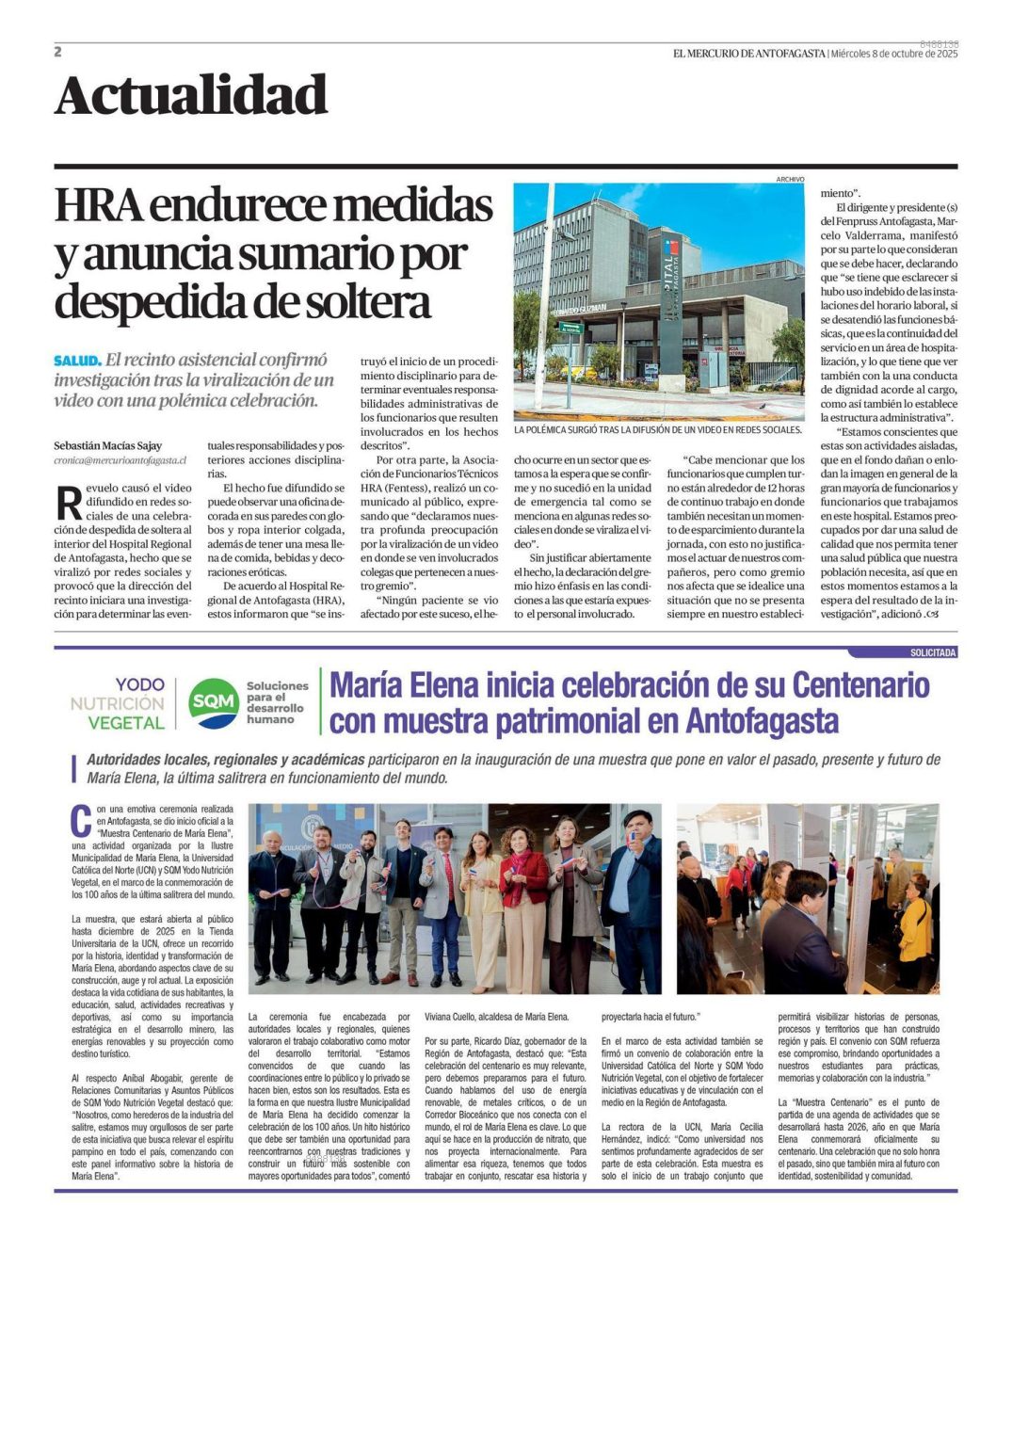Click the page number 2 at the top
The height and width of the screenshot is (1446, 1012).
[58, 52]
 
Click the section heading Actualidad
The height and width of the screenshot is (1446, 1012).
[191, 96]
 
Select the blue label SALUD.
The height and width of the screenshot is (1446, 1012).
[77, 361]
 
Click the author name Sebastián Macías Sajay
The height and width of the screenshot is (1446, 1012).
[107, 445]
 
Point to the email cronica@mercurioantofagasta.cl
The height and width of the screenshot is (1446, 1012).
[120, 460]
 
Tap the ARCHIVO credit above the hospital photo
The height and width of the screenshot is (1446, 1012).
[789, 179]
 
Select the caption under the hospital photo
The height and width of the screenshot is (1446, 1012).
[658, 429]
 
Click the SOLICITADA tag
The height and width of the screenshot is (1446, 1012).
[932, 652]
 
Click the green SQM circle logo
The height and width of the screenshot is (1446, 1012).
[213, 702]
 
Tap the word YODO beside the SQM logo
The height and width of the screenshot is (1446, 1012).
[139, 684]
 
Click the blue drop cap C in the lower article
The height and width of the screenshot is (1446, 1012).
[81, 820]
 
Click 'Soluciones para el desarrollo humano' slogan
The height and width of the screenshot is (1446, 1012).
[277, 702]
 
